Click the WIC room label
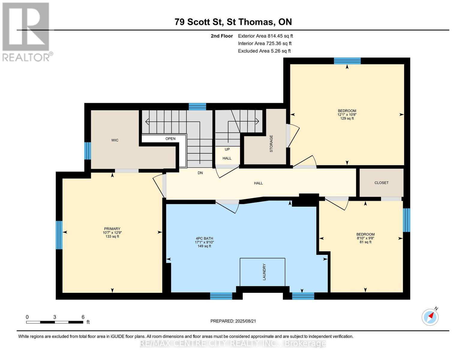tap(115, 140)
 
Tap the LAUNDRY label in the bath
tap(264, 272)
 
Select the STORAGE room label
tap(271, 144)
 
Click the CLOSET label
tap(381, 183)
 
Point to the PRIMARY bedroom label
tap(112, 229)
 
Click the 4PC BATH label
tap(204, 238)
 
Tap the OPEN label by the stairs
tap(170, 139)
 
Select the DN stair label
tap(200, 173)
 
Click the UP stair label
tap(227, 149)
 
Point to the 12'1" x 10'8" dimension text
tap(347, 115)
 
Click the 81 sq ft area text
tap(365, 242)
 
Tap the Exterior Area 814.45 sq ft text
tap(265, 36)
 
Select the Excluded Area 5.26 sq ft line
tap(264, 51)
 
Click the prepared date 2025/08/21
tap(245, 321)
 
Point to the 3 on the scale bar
tap(55, 317)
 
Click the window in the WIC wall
tap(87, 151)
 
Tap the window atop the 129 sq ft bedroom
tap(347, 61)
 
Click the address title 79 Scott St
tap(199, 22)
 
